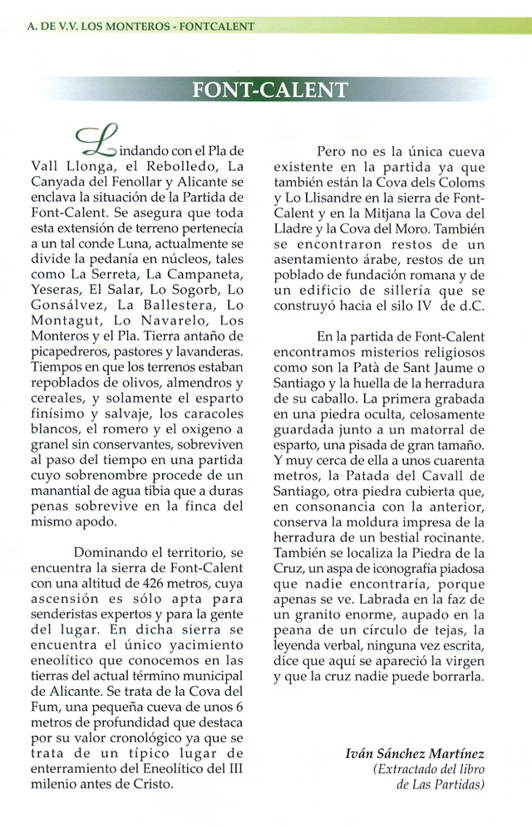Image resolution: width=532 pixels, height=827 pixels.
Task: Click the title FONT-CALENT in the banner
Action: tap(269, 89)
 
